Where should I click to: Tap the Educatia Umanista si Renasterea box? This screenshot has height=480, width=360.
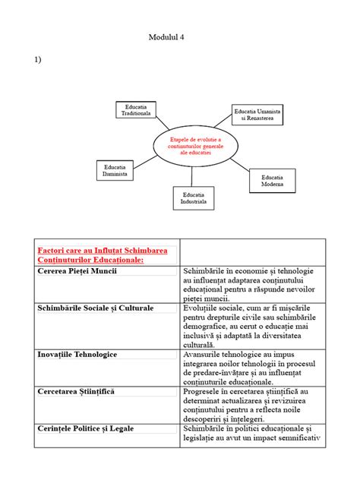257,115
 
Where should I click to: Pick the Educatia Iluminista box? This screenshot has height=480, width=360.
115,170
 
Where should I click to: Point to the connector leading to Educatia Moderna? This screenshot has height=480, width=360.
238,164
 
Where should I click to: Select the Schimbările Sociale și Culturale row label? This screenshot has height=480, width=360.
95,308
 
